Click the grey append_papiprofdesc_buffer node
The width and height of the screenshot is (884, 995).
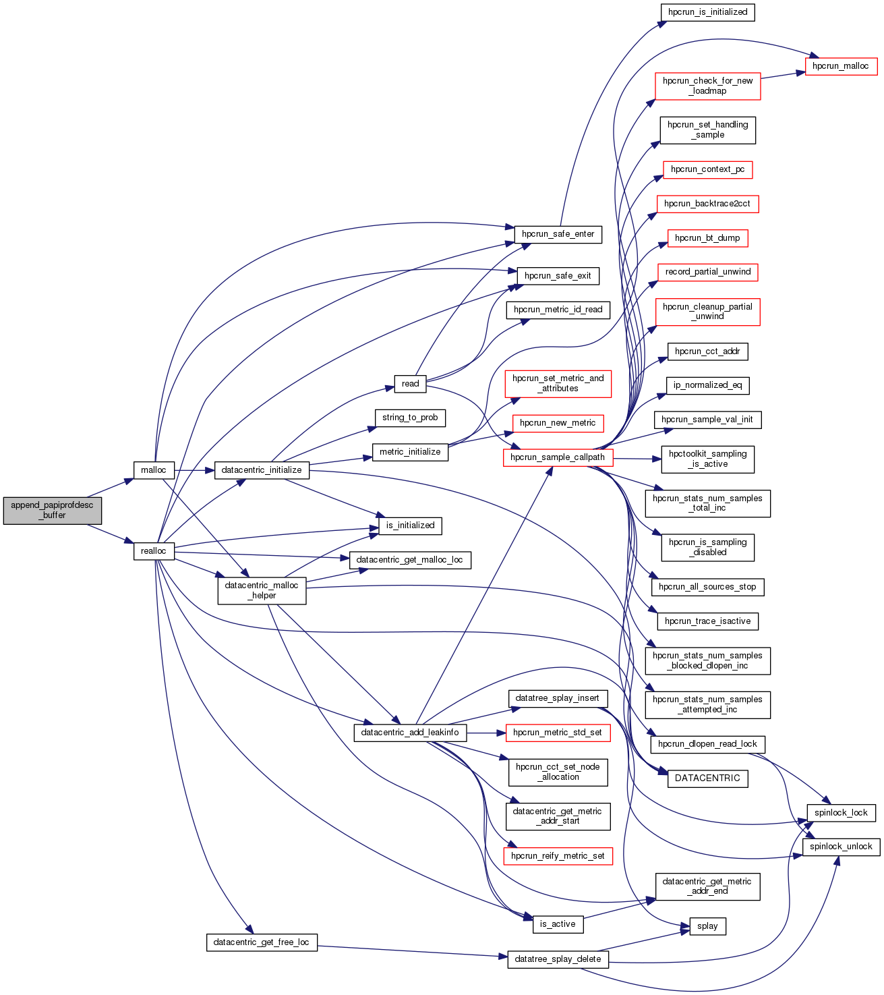coord(53,510)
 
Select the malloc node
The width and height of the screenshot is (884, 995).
coord(154,470)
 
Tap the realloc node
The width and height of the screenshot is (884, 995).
coord(154,551)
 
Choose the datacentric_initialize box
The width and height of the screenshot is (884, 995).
coord(262,470)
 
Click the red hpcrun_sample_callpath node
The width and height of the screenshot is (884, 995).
coord(558,457)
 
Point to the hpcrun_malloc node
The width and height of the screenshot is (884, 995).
coord(841,66)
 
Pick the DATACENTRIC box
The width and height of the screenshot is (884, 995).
coord(707,778)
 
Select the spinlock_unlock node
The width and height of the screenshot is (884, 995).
coord(841,847)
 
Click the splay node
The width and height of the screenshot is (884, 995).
coord(707,926)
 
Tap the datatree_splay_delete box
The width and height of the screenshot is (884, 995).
coord(558,959)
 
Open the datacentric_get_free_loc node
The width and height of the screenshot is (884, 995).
coord(262,942)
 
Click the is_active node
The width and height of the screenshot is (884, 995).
coord(558,924)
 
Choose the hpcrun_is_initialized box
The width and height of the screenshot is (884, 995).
coord(707,12)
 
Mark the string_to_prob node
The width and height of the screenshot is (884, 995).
coord(410,418)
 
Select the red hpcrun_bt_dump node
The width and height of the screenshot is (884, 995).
coord(707,238)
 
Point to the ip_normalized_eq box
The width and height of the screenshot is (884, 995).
coord(707,385)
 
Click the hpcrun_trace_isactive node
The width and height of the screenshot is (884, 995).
coord(707,621)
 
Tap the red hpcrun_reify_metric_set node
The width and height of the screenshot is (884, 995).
coord(558,856)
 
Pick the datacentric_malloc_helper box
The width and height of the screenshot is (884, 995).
coord(262,590)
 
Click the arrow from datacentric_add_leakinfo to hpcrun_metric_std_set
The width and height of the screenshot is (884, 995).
coord(485,733)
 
